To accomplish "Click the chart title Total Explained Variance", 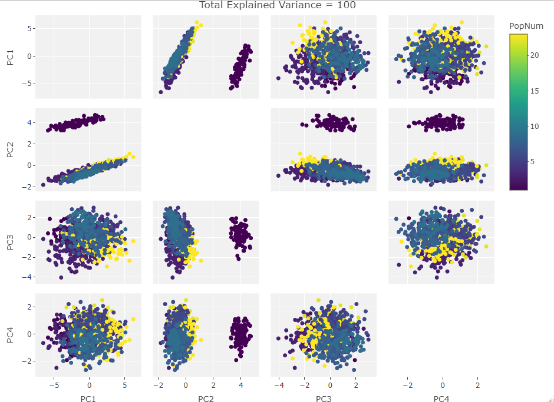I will coord(277,5).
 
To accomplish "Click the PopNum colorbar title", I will coord(526,26).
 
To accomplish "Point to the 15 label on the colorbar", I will coord(533,91).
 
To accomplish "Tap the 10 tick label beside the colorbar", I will coord(533,127).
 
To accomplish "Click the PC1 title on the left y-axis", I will coord(10,57).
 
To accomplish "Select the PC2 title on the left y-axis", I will coord(10,149).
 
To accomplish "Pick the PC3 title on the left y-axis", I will coord(10,242).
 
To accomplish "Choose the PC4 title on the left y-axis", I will coord(10,334).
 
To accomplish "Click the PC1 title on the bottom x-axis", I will coord(88,400).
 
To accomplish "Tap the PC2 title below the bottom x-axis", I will coord(206,400).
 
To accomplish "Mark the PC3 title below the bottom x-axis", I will coord(324,400).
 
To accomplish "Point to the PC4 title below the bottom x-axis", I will coord(441,400).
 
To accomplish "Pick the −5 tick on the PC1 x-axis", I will coord(54,386).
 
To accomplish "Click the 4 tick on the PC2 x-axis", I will coord(241,386).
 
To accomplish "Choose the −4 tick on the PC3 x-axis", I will coord(279,386).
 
